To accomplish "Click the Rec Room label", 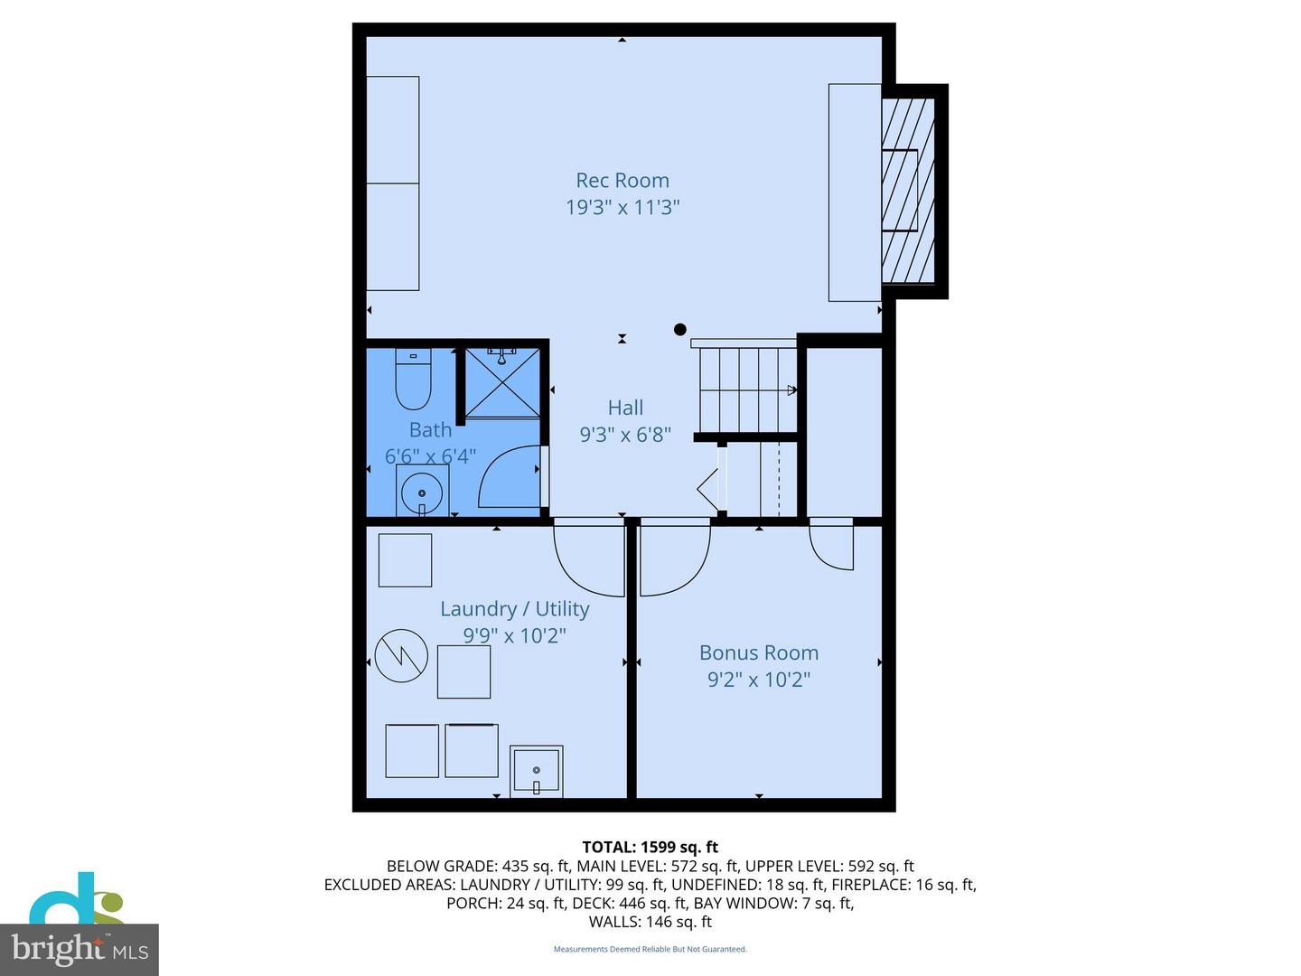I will (x=622, y=181).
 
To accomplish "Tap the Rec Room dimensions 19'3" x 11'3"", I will (x=622, y=207).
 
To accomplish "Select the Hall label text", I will (x=625, y=408).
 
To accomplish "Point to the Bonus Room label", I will (x=759, y=652).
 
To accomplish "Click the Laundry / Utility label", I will (x=514, y=609).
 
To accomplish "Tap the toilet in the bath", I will (x=414, y=381).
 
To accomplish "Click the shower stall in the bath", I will (x=502, y=382).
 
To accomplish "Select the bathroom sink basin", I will (x=422, y=493).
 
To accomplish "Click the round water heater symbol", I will (x=401, y=655).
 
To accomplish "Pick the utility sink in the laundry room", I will (x=537, y=771).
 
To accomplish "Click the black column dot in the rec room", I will (x=680, y=330).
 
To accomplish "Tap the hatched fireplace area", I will (x=908, y=190).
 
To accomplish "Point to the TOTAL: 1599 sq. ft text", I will (x=650, y=847).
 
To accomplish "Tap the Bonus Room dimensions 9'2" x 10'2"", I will (x=759, y=680).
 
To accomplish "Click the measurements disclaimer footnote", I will (x=650, y=949).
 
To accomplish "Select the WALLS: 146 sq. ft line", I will (x=650, y=922).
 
